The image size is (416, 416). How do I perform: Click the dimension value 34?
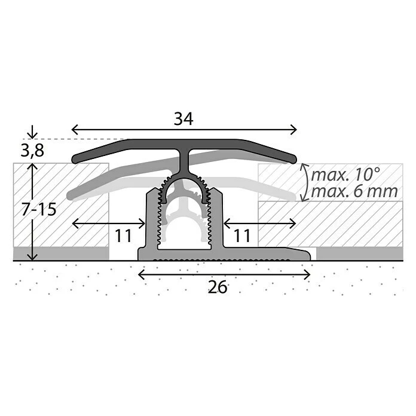(183, 119)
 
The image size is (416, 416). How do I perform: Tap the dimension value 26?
(219, 287)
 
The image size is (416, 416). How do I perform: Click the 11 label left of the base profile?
(123, 236)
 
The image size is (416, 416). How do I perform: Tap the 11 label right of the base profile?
(241, 236)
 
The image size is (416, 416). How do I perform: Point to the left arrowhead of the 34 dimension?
(75, 129)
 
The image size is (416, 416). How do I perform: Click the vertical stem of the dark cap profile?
(185, 161)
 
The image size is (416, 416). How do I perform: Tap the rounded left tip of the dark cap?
(75, 159)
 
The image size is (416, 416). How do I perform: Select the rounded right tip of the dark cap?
(293, 159)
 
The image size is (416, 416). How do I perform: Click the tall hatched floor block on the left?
(60, 203)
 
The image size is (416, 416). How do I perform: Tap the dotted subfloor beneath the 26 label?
(219, 305)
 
